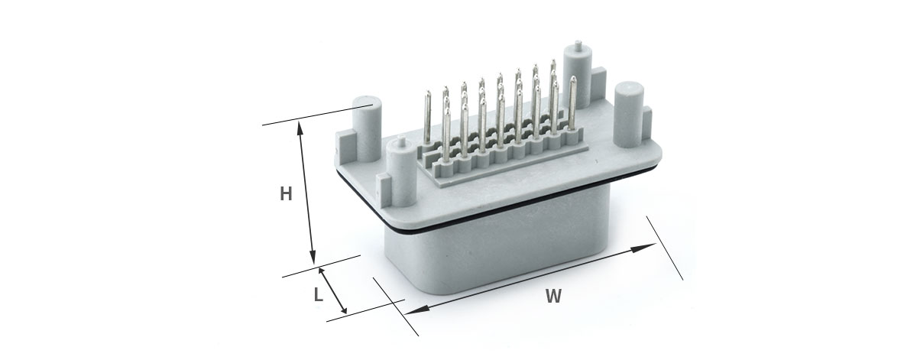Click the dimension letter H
[x=286, y=193]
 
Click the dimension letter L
[x=319, y=294]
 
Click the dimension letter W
[x=553, y=296]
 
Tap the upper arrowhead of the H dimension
[x=300, y=128]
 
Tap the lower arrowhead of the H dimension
[x=313, y=258]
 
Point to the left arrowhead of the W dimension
[x=416, y=310]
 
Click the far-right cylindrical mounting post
[x=629, y=114]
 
